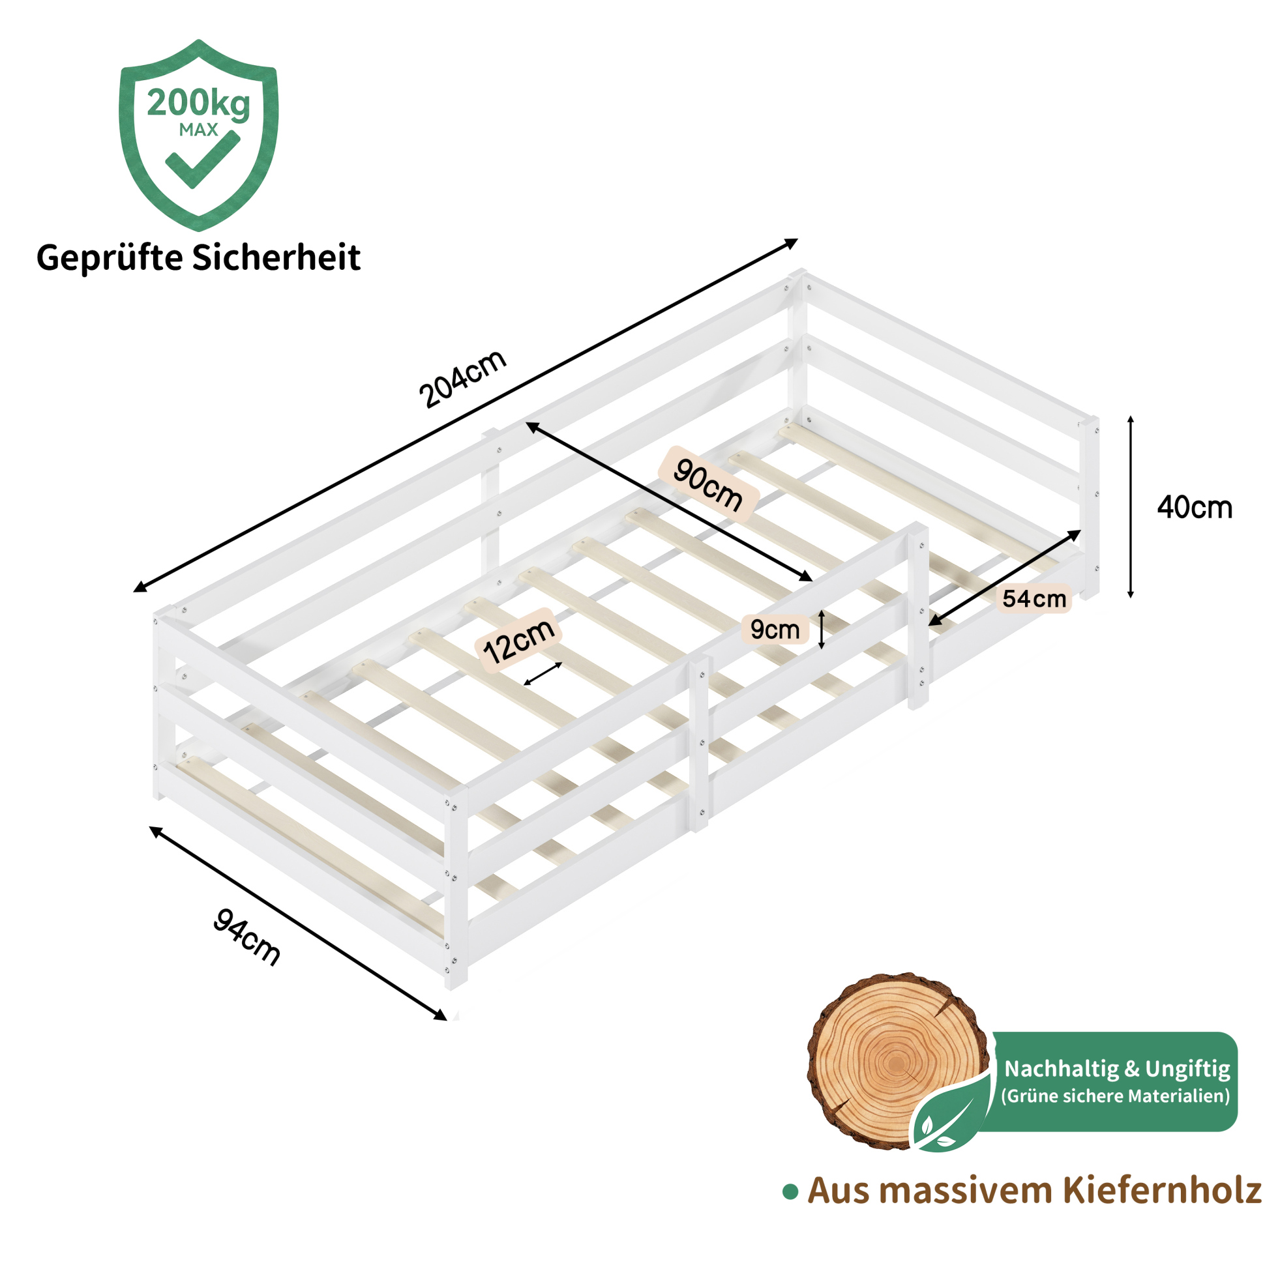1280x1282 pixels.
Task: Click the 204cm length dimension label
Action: point(463,378)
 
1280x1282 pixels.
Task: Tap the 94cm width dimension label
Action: point(247,938)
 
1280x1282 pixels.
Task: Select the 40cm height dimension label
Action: point(1195,508)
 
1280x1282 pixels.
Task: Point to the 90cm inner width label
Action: point(707,484)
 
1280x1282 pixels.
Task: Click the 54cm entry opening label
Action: point(1034,598)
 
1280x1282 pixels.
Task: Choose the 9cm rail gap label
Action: point(775,629)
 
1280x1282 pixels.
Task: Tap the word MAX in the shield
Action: point(198,130)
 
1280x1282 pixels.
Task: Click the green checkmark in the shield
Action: point(202,160)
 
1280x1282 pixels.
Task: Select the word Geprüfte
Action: point(110,258)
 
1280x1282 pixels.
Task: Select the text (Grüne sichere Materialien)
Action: point(1115,1096)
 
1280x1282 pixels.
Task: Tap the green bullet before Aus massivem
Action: point(790,1193)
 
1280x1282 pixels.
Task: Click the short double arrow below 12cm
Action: point(543,673)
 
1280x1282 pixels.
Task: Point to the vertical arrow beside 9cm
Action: point(821,629)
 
